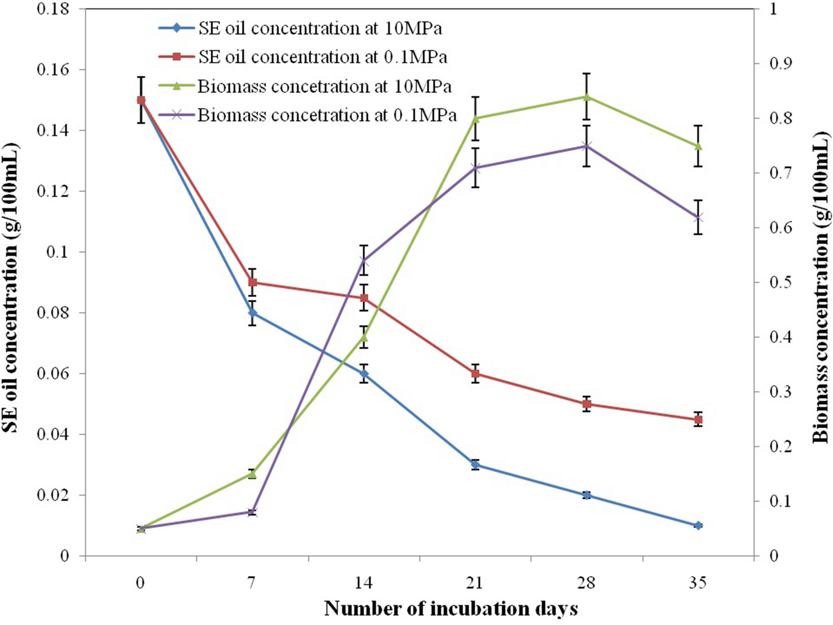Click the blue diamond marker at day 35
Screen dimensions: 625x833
698,525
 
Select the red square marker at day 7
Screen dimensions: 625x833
252,282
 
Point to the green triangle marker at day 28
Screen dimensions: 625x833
587,97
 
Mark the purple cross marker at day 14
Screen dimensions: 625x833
364,260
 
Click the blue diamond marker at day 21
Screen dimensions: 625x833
475,464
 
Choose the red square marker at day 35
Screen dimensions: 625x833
698,419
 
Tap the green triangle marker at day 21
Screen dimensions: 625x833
475,118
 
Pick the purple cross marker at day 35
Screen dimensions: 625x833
698,217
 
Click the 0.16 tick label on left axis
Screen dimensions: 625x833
53,70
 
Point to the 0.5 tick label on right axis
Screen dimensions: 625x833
781,282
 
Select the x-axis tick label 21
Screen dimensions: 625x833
474,583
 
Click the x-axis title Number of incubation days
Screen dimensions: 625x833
451,608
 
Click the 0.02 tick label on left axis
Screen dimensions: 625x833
53,495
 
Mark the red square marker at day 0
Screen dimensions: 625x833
141,100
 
